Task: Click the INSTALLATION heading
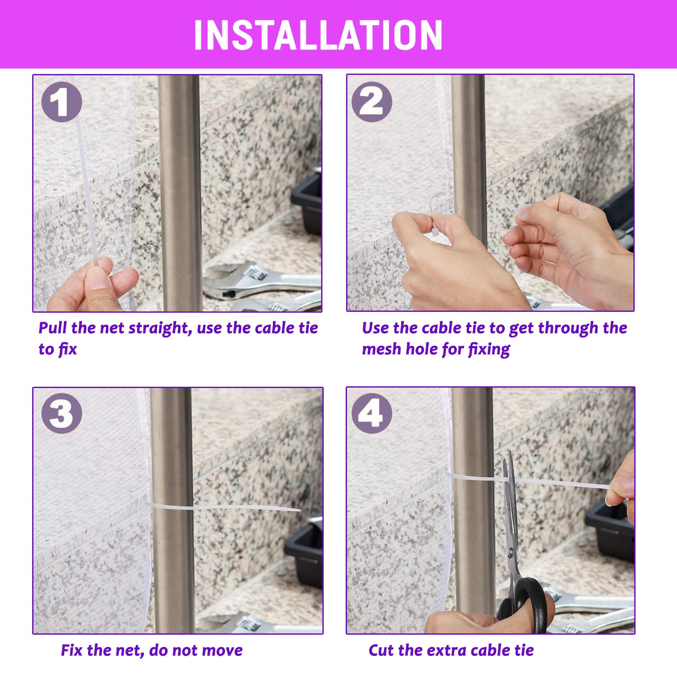(318, 35)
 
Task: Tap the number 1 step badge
(62, 102)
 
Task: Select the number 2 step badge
(372, 102)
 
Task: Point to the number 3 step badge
(62, 413)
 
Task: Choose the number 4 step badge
(372, 413)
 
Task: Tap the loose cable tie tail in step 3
(248, 508)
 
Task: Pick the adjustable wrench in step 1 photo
(262, 281)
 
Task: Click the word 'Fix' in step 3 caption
(72, 650)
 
